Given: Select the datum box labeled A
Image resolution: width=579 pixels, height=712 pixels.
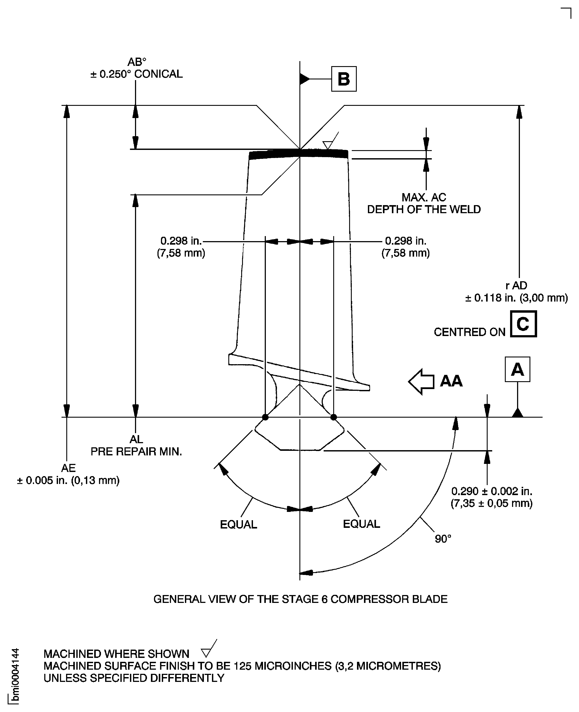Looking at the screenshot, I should pos(517,369).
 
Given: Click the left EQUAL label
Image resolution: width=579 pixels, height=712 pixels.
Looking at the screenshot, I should pos(239,525).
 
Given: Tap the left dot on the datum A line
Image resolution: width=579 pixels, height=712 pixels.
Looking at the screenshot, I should pos(265,417).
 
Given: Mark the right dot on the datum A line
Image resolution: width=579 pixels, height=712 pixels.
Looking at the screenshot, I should pos(333,417).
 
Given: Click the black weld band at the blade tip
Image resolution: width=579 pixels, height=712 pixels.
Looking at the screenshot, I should pos(299,154).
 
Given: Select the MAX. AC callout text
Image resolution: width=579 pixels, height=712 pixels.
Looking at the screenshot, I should pos(424,197).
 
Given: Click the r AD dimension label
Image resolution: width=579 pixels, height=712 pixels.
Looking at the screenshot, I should pos(516,286).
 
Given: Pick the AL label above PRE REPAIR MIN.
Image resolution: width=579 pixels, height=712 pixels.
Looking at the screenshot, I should pos(136,439).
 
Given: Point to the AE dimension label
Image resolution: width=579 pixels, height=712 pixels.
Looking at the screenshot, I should pos(68,468).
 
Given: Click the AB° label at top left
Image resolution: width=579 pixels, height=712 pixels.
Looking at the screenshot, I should pos(137,62).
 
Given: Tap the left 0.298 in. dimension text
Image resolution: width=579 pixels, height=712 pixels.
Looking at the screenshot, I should pos(181,241).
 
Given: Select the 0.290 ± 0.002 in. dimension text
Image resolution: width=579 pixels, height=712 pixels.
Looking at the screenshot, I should pos(492,491).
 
